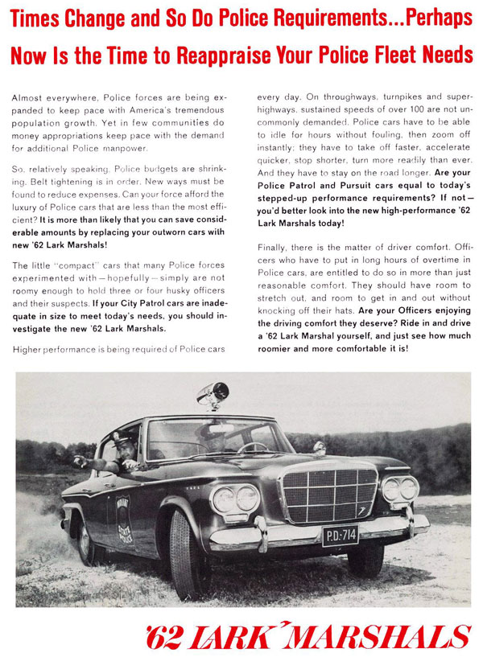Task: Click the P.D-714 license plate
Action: pos(340,535)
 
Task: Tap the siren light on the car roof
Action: pos(213,395)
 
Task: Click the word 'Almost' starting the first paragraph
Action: pos(28,97)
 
